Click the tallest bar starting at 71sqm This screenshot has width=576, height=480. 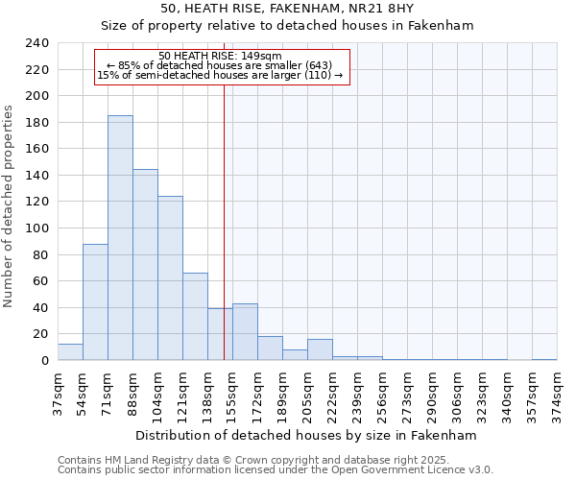pyautogui.click(x=120, y=238)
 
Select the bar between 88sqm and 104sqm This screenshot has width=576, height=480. pyautogui.click(x=145, y=265)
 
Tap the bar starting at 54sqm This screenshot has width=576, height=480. pyautogui.click(x=95, y=302)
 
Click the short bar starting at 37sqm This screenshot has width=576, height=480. pyautogui.click(x=70, y=352)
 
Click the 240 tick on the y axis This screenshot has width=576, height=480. pyautogui.click(x=36, y=43)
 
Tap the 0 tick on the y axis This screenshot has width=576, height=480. pyautogui.click(x=44, y=361)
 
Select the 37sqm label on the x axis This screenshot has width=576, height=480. pyautogui.click(x=58, y=393)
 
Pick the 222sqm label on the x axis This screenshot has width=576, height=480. pyautogui.click(x=332, y=393)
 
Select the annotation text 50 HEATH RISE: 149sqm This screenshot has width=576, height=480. pyautogui.click(x=220, y=57)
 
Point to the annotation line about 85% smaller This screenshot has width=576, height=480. pyautogui.click(x=220, y=65)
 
